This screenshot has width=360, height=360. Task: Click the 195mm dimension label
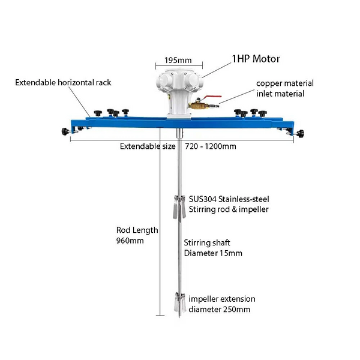click(178, 60)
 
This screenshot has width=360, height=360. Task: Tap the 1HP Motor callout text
click(256, 59)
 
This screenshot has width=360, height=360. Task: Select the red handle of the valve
click(214, 97)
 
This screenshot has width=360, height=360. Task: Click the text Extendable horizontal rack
click(63, 82)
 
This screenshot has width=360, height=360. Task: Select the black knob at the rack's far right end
click(301, 133)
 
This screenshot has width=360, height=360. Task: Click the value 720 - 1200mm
click(211, 146)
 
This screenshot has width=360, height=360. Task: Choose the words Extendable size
click(148, 146)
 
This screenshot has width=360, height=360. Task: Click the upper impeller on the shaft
click(179, 206)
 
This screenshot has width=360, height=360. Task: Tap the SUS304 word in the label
click(203, 199)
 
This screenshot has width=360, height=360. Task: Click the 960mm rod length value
click(130, 241)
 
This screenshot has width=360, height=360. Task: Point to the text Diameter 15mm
click(213, 253)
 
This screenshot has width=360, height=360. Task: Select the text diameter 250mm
click(219, 309)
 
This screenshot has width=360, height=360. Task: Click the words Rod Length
click(137, 230)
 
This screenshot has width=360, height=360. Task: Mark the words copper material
click(284, 83)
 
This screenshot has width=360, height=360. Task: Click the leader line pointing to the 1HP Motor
click(216, 70)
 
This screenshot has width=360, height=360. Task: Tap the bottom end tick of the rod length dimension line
click(160, 316)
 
